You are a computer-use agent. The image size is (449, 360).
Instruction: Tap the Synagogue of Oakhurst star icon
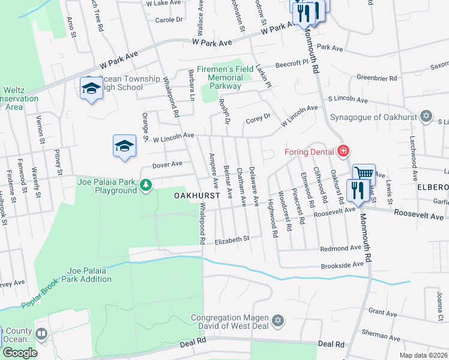click(426, 116)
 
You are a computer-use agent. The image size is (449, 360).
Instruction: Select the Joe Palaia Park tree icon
click(146, 186)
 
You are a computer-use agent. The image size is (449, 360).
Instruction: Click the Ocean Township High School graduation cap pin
click(91, 89)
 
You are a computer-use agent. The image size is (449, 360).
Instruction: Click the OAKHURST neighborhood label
click(194, 196)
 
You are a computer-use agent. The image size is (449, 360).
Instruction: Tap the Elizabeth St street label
click(233, 238)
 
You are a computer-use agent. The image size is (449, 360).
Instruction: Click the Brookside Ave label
click(342, 264)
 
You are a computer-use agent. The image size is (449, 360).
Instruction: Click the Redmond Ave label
click(340, 248)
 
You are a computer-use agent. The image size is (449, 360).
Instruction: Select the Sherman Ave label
click(378, 332)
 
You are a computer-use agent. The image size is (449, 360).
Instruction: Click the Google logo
click(19, 352)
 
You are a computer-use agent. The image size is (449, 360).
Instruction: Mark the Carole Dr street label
click(169, 20)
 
